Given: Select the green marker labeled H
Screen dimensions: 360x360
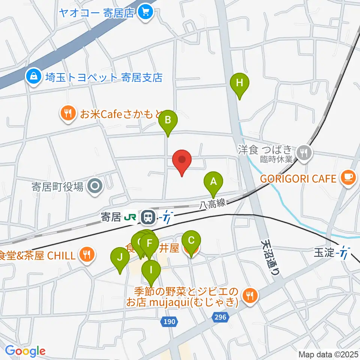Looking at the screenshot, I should click(240, 83).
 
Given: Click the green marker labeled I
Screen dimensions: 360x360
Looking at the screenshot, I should click(151, 270).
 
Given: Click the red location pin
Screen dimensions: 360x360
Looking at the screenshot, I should click(182, 160).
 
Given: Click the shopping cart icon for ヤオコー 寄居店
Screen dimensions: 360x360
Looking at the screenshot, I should click(144, 13).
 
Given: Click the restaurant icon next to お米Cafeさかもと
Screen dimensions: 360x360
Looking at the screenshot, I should click(68, 113).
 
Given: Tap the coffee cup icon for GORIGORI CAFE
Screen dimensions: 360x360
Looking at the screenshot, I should click(347, 178).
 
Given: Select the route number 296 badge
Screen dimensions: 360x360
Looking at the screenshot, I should click(220, 317).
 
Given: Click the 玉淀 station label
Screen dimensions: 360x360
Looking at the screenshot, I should click(324, 253).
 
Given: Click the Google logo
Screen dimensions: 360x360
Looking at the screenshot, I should click(25, 351).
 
